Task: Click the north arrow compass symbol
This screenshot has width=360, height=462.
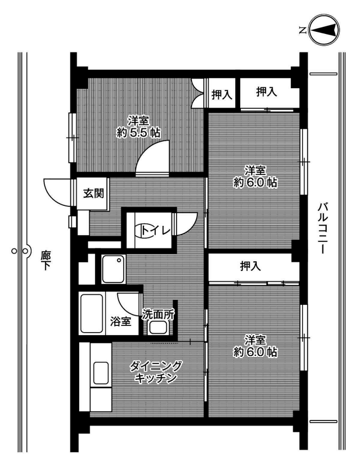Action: click(x=324, y=30)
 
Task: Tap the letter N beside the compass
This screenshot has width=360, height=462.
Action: click(x=302, y=30)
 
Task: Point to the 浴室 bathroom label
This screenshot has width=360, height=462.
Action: click(x=120, y=321)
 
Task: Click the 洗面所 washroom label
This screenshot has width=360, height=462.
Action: click(x=158, y=314)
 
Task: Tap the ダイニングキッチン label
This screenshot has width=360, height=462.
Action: click(x=156, y=372)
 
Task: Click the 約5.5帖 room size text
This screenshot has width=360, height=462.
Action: click(x=138, y=133)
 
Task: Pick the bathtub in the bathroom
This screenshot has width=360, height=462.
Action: click(x=92, y=313)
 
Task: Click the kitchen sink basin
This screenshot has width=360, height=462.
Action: click(x=101, y=373)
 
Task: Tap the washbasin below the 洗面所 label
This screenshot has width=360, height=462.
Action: click(x=158, y=328)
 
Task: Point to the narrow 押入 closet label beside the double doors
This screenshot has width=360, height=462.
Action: click(x=222, y=94)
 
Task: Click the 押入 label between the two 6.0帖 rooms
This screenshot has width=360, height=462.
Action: click(x=250, y=266)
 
